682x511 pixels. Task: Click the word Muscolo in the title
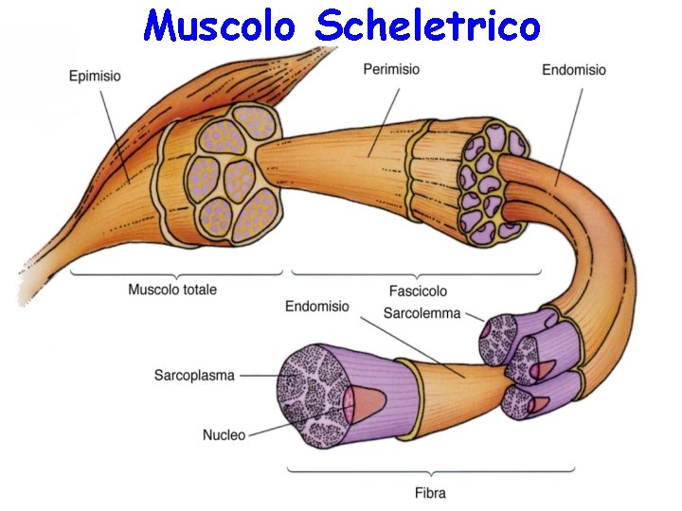[219, 26]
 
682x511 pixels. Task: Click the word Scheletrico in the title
[427, 26]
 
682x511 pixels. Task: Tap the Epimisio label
[95, 77]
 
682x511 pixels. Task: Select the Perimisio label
[391, 70]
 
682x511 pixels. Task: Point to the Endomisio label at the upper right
[574, 70]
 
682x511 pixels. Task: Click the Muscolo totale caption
[172, 290]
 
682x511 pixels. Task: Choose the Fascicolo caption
[418, 291]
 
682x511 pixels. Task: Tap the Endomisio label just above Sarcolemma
[316, 307]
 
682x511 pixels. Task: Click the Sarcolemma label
[422, 313]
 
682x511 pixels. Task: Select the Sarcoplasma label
[194, 376]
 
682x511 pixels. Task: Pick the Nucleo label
[224, 435]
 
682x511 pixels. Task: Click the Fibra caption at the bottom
[430, 492]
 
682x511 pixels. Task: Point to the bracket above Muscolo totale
[176, 274]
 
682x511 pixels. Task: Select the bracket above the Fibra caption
[431, 469]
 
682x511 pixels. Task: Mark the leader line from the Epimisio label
[112, 128]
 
